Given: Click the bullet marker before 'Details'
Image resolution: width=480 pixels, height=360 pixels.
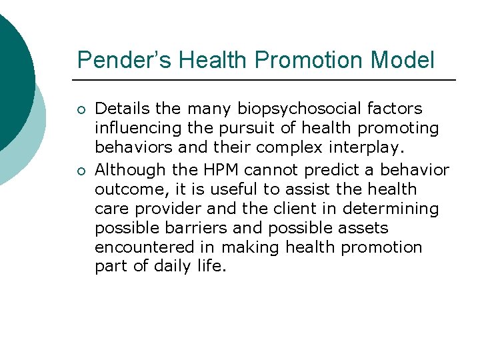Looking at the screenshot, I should pos(80,109).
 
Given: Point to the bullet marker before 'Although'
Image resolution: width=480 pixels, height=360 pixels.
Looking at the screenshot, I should pos(80,171).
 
